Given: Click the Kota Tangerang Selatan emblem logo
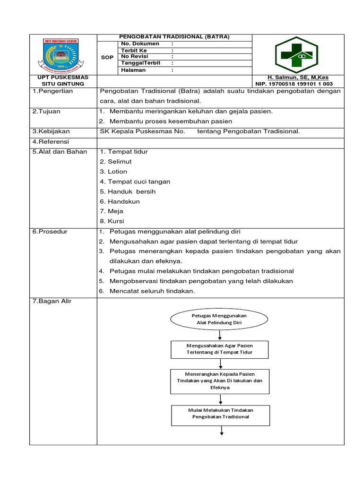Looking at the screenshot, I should pyautogui.click(x=63, y=54).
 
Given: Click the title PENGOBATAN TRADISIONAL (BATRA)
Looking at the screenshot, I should pyautogui.click(x=174, y=37).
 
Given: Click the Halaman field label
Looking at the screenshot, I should pyautogui.click(x=133, y=70).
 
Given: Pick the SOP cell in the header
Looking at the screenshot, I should pyautogui.click(x=107, y=57).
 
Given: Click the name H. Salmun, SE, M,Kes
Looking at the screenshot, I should pyautogui.click(x=298, y=78).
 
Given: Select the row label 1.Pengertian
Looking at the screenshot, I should pyautogui.click(x=52, y=91).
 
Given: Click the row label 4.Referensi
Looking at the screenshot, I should pyautogui.click(x=51, y=141).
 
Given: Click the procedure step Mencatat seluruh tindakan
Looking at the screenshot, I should pyautogui.click(x=152, y=291).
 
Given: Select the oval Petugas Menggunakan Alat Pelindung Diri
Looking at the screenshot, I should pyautogui.click(x=219, y=319).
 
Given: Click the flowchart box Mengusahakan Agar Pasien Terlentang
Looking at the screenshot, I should pyautogui.click(x=218, y=349).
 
